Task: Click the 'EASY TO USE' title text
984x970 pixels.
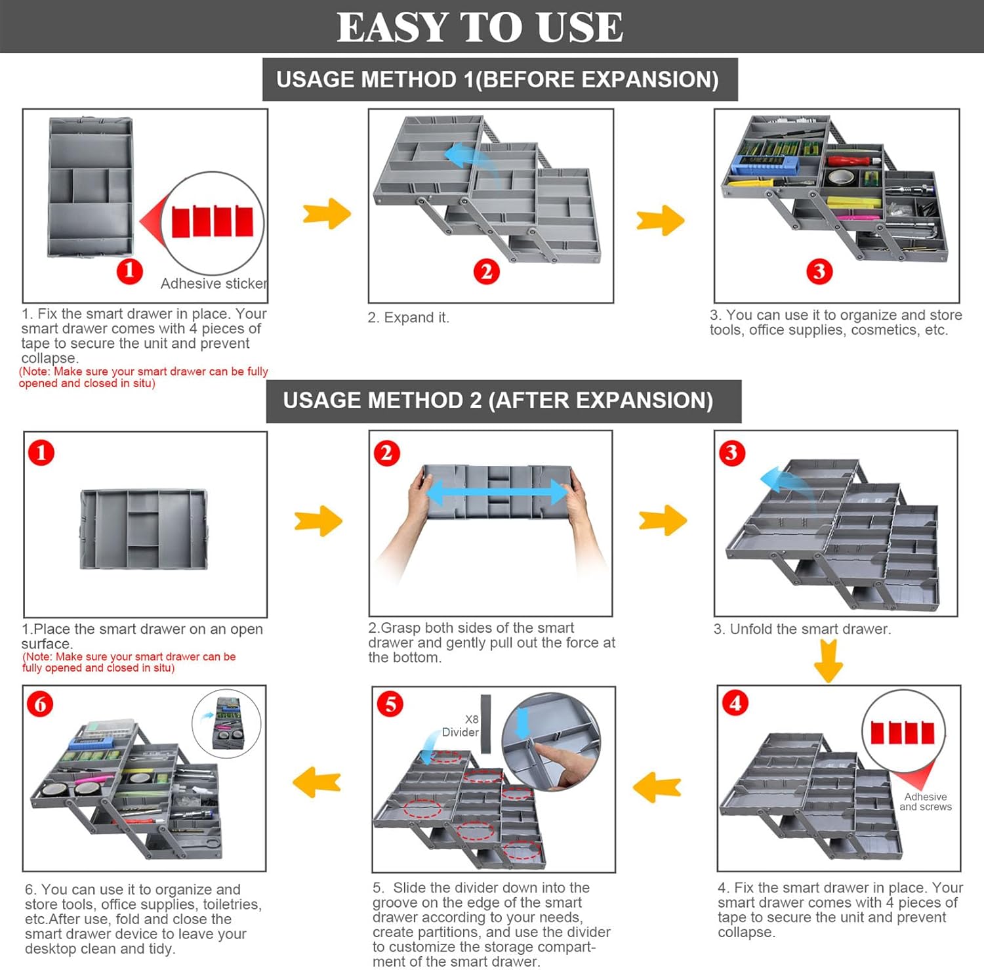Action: pyautogui.click(x=480, y=28)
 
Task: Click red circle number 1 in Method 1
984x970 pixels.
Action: pyautogui.click(x=129, y=270)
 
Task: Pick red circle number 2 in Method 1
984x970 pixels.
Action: pyautogui.click(x=486, y=271)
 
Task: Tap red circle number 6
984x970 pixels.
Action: pyautogui.click(x=40, y=704)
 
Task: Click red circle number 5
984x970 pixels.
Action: pyautogui.click(x=390, y=704)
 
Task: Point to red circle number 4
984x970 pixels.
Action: pyautogui.click(x=735, y=704)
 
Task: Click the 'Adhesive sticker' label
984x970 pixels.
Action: pyautogui.click(x=213, y=284)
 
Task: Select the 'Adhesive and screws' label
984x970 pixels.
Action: pyautogui.click(x=925, y=801)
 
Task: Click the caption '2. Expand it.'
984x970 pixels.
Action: pyautogui.click(x=408, y=318)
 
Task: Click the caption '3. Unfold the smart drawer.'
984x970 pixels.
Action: pyautogui.click(x=802, y=629)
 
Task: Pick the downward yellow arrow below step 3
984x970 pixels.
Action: pyautogui.click(x=828, y=660)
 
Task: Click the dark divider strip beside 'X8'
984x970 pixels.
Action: pyautogui.click(x=486, y=724)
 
